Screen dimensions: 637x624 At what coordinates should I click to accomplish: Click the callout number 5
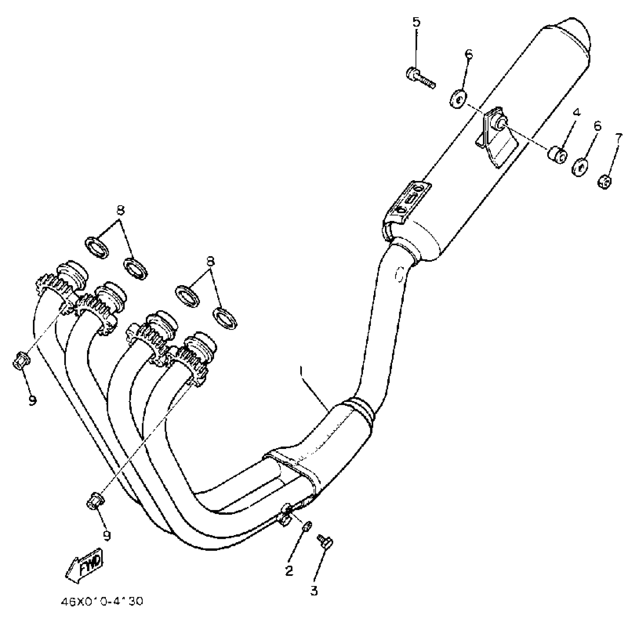tap(416, 23)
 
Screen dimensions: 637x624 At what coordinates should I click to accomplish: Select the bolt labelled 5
tap(420, 78)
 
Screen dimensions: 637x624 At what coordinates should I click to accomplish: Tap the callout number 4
tap(577, 112)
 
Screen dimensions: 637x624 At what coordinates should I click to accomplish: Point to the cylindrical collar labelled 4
tap(557, 155)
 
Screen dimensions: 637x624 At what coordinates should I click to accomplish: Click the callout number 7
tap(619, 138)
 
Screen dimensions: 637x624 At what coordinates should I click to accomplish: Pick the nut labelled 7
tap(605, 182)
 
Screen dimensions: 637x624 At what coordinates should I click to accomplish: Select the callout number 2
tap(289, 571)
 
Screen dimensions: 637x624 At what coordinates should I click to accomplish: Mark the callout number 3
tap(314, 591)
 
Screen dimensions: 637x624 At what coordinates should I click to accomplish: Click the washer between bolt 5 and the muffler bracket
tap(458, 98)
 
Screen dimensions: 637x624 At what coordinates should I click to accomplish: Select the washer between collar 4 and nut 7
tap(580, 167)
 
